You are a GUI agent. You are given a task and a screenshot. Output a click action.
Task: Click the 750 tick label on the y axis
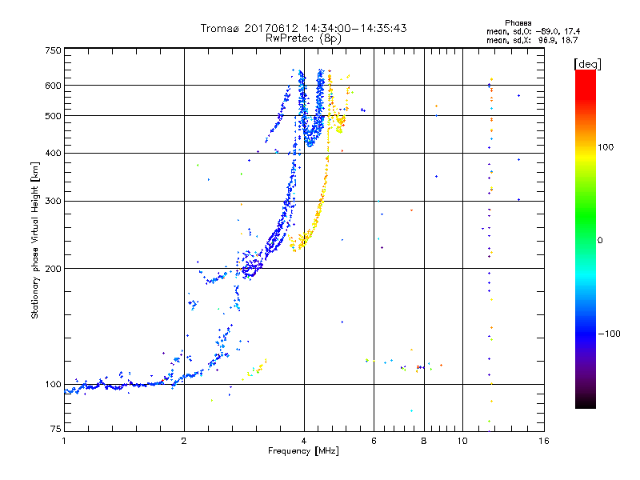(x=53, y=50)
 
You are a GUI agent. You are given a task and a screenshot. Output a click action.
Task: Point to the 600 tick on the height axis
(x=53, y=85)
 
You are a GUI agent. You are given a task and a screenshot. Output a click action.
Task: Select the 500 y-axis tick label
(x=53, y=115)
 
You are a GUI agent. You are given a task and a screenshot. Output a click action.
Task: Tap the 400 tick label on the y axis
(x=53, y=153)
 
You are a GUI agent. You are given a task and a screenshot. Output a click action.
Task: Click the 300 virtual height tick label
(x=53, y=201)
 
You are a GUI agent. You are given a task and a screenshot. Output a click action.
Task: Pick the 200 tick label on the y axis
(x=53, y=268)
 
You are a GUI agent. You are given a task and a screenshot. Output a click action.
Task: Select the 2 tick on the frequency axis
(x=184, y=441)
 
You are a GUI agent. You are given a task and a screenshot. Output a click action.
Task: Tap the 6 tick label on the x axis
(x=374, y=441)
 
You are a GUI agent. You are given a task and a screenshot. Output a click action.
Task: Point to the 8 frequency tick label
(x=424, y=441)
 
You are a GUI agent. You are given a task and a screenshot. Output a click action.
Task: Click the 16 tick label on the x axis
(x=543, y=441)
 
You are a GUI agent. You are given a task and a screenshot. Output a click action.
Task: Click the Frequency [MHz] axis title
(x=303, y=452)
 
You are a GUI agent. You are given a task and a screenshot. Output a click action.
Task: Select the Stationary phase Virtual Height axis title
(x=35, y=241)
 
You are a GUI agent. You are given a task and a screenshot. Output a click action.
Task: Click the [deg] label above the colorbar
(x=587, y=63)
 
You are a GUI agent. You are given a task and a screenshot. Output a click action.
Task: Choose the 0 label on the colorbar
(x=601, y=240)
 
